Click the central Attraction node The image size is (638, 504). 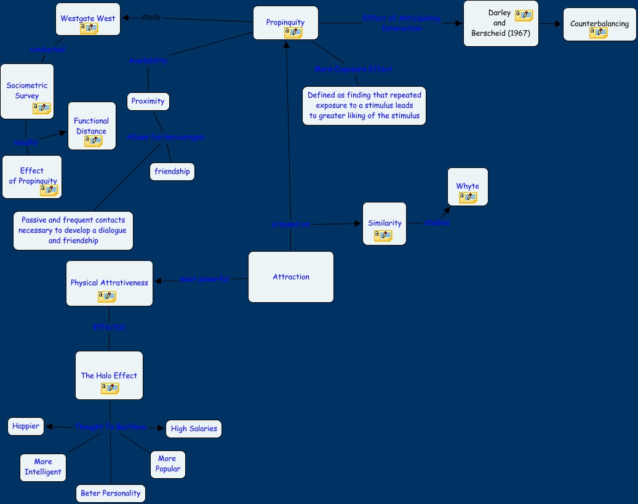(x=291, y=277)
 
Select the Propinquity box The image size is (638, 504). (x=285, y=23)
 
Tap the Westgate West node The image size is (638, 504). (x=88, y=19)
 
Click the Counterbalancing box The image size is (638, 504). (x=600, y=24)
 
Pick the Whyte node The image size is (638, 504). (x=468, y=186)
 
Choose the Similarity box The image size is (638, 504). (x=385, y=223)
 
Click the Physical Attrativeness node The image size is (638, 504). (x=110, y=283)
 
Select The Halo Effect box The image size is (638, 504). (x=109, y=375)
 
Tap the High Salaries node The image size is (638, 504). (x=194, y=429)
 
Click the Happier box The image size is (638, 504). (x=26, y=426)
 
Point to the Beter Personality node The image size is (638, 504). (x=111, y=493)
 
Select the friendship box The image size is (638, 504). (x=172, y=172)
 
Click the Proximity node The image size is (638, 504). (x=148, y=101)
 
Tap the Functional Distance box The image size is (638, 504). (x=92, y=126)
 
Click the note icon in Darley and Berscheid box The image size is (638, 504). (x=524, y=15)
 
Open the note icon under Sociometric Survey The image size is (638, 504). (x=42, y=108)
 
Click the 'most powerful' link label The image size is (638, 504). (x=204, y=279)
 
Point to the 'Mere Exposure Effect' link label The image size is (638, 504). (x=353, y=70)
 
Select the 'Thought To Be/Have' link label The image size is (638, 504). (x=111, y=426)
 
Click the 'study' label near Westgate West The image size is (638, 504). (x=151, y=17)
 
